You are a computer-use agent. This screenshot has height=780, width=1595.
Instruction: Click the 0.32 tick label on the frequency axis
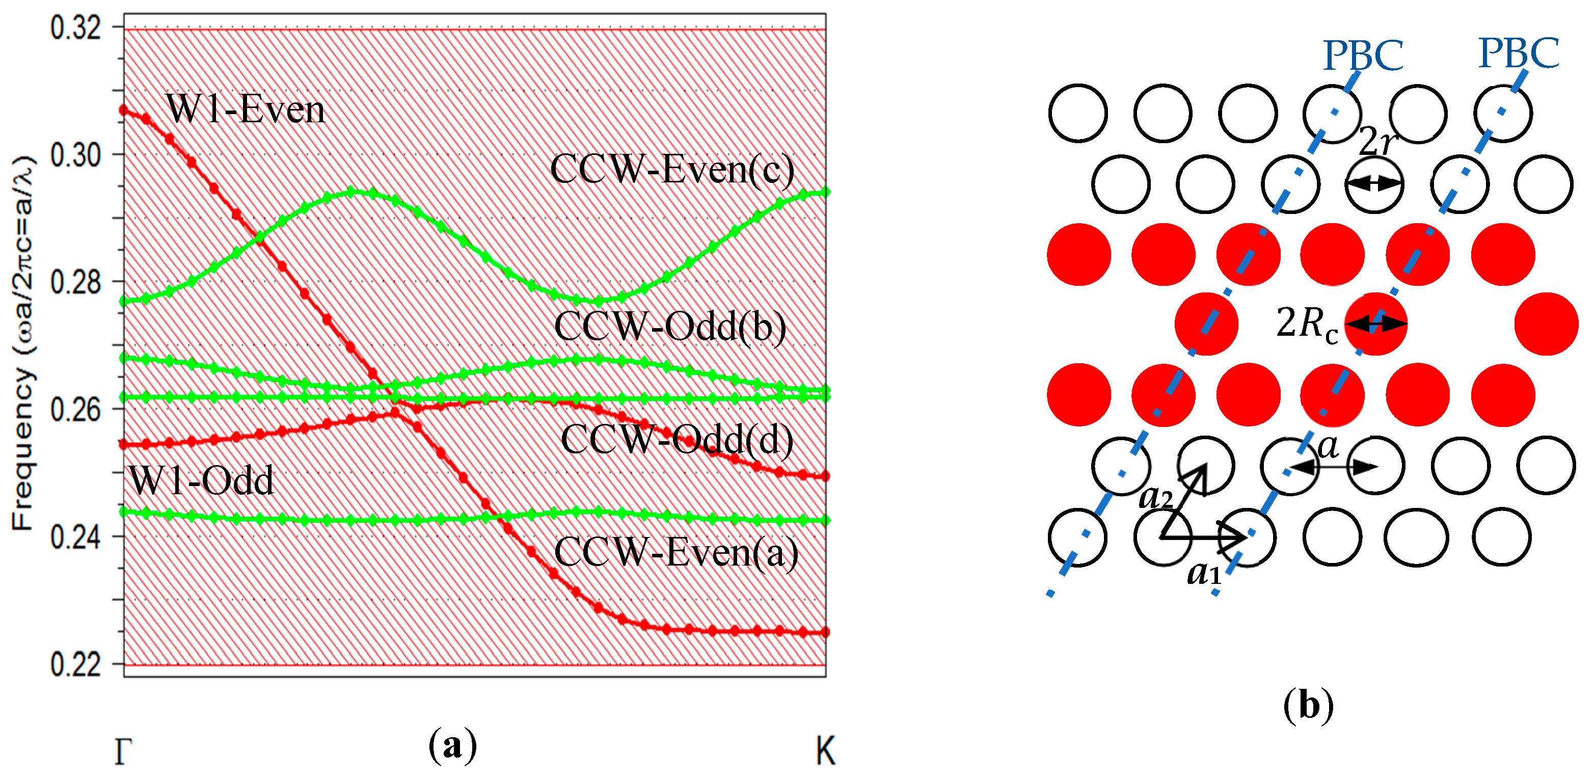[x=75, y=28]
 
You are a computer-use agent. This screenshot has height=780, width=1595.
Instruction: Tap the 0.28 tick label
[x=75, y=282]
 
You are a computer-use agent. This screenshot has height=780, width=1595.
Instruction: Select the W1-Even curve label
[x=245, y=110]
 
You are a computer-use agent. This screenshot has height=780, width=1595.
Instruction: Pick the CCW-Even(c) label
[x=672, y=169]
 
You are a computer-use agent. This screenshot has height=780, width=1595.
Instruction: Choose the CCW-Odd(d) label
[x=677, y=440]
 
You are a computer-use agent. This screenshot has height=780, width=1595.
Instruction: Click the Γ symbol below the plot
[x=123, y=751]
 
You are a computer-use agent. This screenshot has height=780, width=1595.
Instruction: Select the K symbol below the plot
[x=825, y=751]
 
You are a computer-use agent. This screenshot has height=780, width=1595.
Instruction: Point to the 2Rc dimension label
[x=1307, y=323]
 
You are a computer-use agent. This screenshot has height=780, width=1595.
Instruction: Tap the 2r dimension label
[x=1377, y=142]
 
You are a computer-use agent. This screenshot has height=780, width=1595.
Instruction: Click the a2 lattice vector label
[x=1155, y=496]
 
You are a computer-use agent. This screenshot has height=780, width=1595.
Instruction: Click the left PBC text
[x=1363, y=56]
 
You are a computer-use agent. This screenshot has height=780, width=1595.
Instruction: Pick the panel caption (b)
[x=1308, y=706]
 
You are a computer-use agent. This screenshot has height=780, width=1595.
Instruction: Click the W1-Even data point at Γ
[x=124, y=110]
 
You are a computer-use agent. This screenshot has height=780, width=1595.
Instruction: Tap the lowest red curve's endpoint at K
[x=825, y=632]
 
